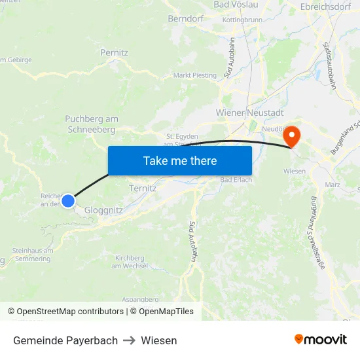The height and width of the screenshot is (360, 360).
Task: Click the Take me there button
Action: point(180,160)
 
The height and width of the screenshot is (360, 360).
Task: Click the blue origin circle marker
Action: point(68,201)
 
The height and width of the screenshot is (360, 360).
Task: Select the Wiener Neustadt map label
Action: point(249,113)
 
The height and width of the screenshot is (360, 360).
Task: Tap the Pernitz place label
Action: point(115,52)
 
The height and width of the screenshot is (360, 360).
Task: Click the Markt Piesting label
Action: point(194,75)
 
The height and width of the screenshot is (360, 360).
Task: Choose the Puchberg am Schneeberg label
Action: point(92,124)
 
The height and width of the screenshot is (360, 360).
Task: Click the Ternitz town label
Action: point(143,188)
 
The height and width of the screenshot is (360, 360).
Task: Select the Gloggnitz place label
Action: point(103,210)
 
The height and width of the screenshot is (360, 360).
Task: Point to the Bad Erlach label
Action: point(236,180)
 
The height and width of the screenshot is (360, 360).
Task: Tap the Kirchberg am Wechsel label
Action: point(129,261)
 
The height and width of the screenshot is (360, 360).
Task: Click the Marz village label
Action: point(332,185)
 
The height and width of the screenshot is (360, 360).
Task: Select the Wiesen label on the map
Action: point(295,171)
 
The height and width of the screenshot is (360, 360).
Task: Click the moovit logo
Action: point(320,339)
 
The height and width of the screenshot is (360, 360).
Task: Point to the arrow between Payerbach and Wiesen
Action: point(129,340)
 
